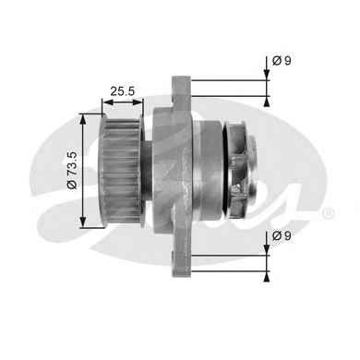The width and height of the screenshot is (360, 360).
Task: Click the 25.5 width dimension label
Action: coord(123,91)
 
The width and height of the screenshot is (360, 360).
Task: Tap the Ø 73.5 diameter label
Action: coord(73,170)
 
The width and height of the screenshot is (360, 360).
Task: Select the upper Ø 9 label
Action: coord(282,61)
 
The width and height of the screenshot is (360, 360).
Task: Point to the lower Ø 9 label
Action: coord(282,236)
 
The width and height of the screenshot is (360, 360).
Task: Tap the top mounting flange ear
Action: coord(182,91)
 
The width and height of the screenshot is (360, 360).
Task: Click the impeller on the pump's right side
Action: coord(242,170)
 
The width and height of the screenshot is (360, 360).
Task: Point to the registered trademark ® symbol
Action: coord(328,213)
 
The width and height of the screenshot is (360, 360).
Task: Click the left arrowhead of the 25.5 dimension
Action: coord(106,102)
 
